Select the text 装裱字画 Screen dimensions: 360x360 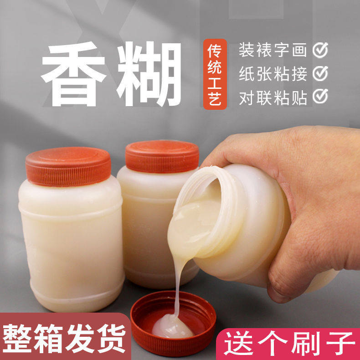pos(273,51)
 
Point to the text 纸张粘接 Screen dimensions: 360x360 pos(273,74)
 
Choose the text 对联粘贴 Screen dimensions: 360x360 pos(273,97)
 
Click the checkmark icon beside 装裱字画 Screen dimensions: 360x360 pos(320,51)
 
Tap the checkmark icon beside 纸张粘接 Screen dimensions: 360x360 pos(320,73)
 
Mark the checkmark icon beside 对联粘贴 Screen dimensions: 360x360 pos(320,97)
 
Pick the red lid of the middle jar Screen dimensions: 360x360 pos(162,156)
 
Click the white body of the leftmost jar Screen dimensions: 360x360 pos(71,242)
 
